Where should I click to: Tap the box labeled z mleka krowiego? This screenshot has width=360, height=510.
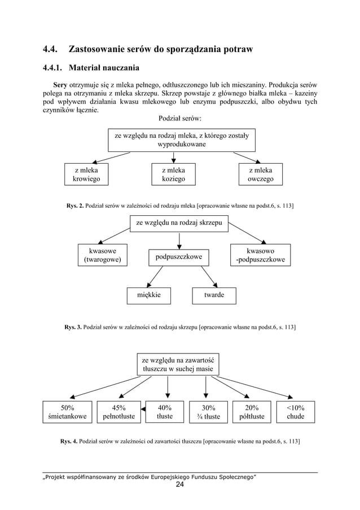click(x=86, y=175)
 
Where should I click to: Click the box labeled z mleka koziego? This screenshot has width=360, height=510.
click(x=174, y=175)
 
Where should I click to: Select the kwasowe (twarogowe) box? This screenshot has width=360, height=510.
click(x=102, y=255)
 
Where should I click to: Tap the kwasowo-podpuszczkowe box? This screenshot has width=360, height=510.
click(x=261, y=255)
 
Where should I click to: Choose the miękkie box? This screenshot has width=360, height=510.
click(x=148, y=295)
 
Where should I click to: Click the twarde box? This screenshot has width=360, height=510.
click(x=214, y=295)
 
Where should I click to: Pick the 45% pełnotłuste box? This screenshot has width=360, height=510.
click(x=118, y=412)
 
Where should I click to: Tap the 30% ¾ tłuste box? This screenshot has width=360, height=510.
click(x=207, y=412)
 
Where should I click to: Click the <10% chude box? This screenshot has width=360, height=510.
click(x=295, y=412)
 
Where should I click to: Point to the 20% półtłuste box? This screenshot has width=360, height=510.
click(x=252, y=412)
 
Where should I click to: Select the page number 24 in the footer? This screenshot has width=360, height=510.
click(x=180, y=485)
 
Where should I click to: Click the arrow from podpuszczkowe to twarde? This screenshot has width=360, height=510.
click(x=210, y=277)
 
